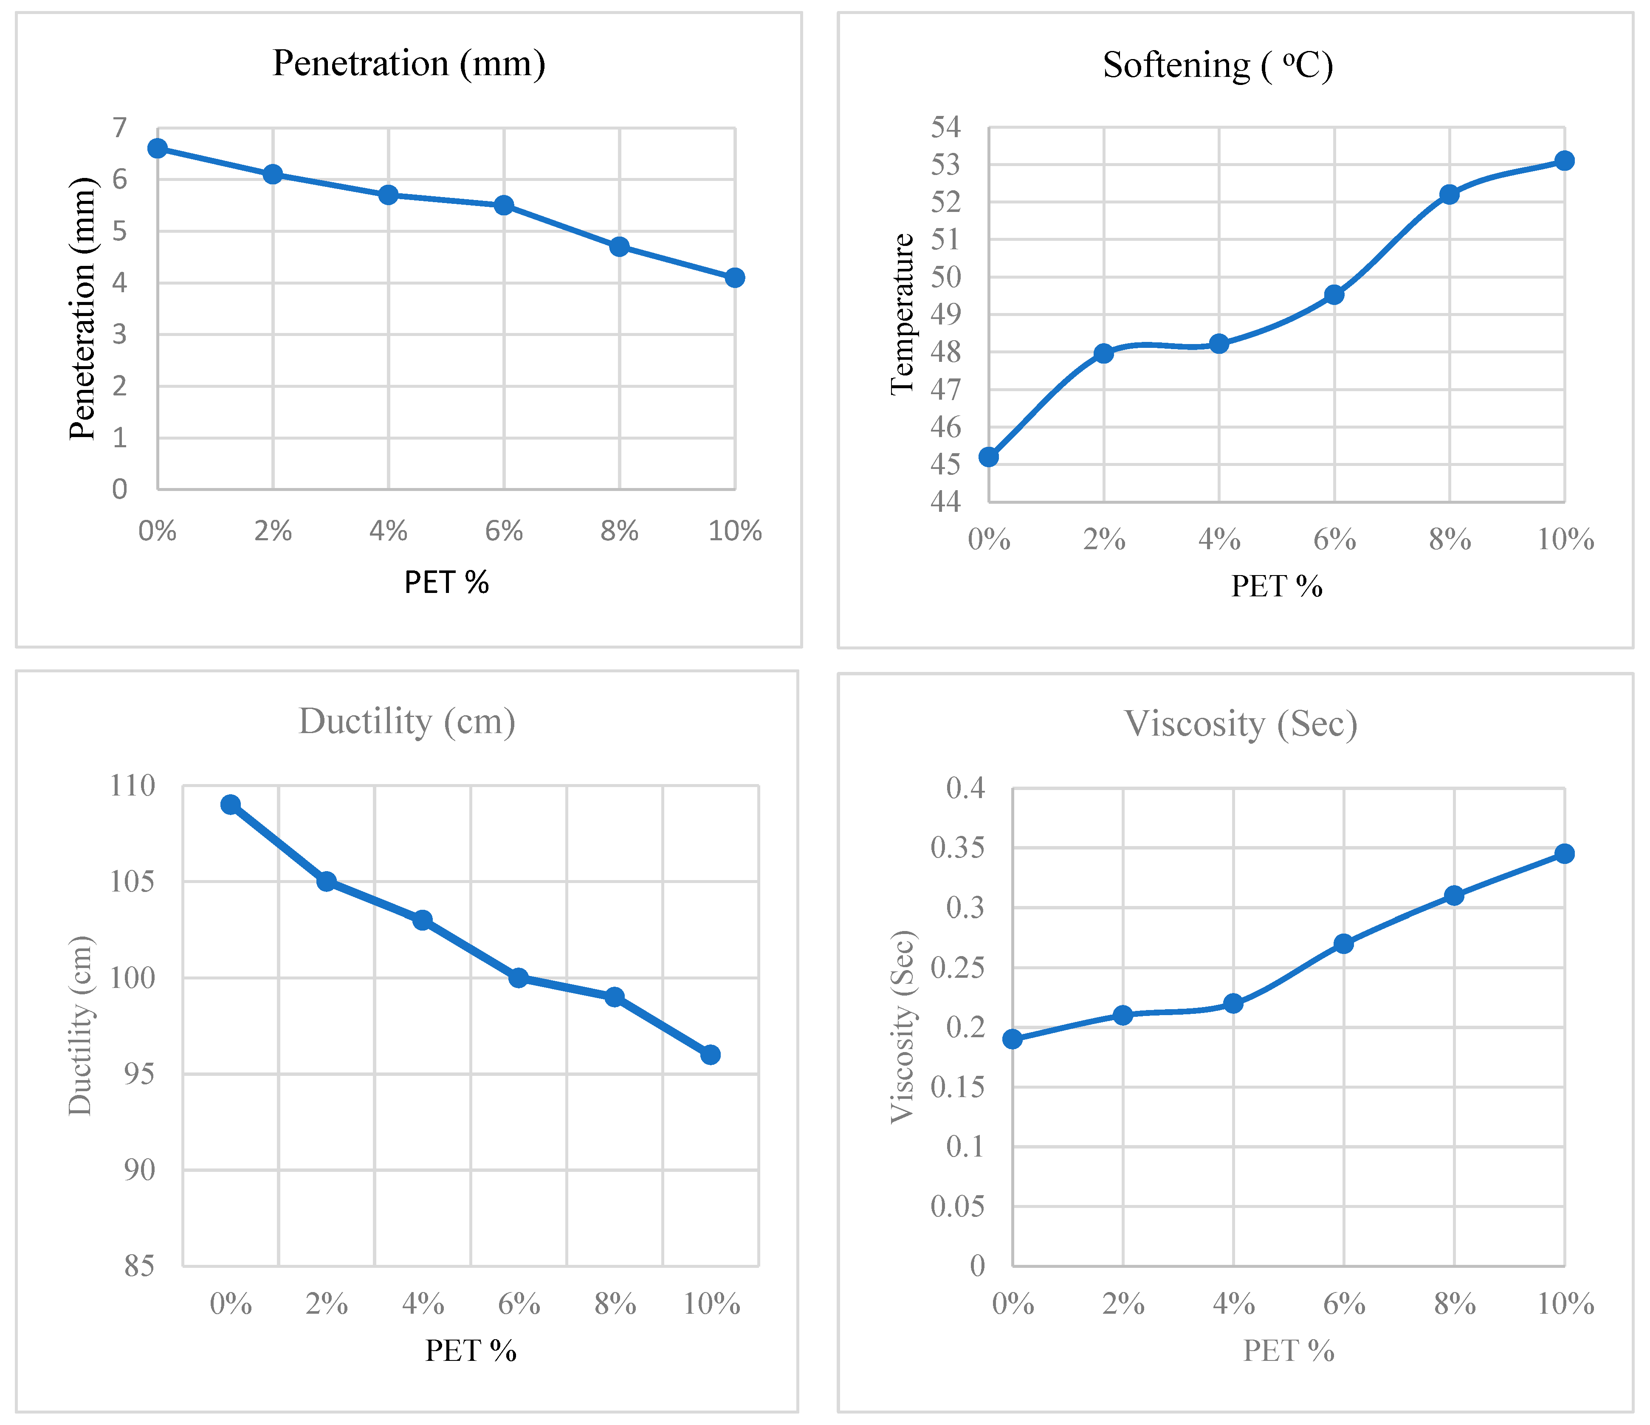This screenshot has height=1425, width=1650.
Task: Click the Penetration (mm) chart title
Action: (409, 63)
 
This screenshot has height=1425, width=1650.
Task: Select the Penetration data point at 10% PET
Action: (734, 277)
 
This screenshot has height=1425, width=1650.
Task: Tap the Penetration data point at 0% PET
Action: (158, 148)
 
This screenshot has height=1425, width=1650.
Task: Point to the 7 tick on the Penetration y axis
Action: (119, 127)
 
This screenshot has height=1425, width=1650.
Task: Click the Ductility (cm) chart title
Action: (407, 722)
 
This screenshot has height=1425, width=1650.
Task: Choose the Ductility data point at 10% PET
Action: (710, 1055)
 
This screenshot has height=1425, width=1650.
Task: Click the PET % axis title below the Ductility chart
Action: (471, 1350)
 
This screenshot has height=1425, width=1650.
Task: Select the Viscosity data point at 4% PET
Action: (1233, 1003)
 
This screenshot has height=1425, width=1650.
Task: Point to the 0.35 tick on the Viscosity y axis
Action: (957, 847)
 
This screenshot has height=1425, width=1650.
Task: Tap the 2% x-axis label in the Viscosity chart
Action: (1123, 1304)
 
